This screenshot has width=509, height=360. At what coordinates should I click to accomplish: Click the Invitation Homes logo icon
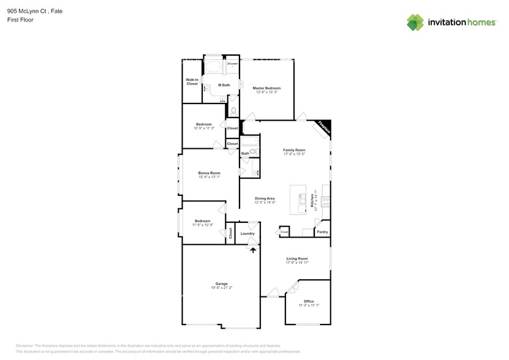click(x=415, y=23)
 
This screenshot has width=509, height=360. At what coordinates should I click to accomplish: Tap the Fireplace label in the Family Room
click(x=323, y=129)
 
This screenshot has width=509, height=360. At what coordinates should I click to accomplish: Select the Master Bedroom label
click(x=266, y=88)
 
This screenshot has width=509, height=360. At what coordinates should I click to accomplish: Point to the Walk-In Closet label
click(x=192, y=81)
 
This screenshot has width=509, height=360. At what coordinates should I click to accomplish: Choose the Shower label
click(x=233, y=64)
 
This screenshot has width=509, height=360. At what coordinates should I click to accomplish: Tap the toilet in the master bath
click(x=233, y=111)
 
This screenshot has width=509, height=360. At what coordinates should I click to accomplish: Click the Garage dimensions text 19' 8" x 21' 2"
click(x=221, y=288)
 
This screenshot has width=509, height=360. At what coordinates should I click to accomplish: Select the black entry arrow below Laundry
click(x=252, y=249)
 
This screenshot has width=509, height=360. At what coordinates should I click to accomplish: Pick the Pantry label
click(x=322, y=232)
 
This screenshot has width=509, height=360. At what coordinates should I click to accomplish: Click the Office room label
click(x=308, y=301)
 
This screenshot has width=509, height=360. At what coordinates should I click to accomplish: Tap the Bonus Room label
click(x=209, y=173)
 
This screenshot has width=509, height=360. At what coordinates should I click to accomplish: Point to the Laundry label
click(x=247, y=233)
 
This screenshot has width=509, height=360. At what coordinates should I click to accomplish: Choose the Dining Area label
click(x=265, y=198)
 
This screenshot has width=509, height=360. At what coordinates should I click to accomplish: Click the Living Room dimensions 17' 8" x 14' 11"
click(x=296, y=263)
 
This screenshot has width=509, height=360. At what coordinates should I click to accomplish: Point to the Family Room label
click(x=294, y=149)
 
